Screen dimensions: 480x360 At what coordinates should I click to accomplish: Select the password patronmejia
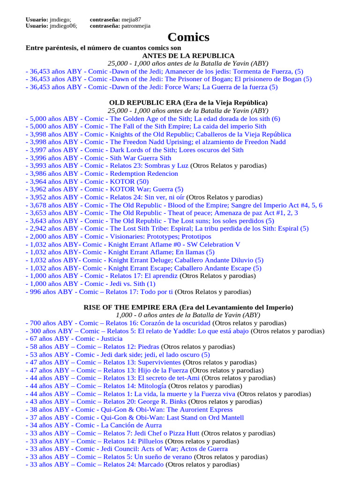coord(136,26)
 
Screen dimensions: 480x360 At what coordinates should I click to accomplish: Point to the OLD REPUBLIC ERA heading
coord(188,102)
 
